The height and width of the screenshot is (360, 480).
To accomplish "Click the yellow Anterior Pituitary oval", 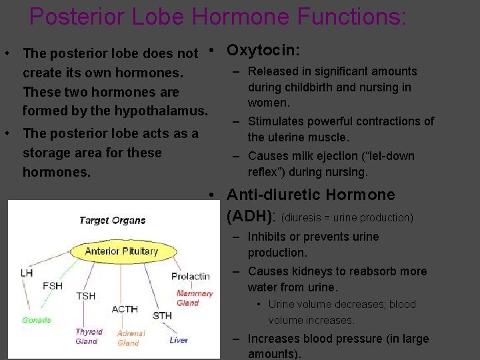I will pos(121,251).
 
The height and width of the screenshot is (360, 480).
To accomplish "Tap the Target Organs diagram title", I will pos(112,221).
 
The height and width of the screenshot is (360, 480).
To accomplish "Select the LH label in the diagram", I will pos(27,273).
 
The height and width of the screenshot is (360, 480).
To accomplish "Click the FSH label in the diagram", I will pos(53,285).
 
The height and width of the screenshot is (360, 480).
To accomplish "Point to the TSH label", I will pos(85,295).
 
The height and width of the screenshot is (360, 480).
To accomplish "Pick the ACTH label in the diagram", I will pos(125,309).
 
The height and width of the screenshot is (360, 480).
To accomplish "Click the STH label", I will pos(162,315).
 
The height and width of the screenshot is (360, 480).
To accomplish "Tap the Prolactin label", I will pos(190,276).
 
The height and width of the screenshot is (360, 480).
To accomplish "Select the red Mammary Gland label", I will pos(194,298).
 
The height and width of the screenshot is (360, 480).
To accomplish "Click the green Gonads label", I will pos(36,320).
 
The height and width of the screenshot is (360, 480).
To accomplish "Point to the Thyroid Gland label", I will pos(88,336).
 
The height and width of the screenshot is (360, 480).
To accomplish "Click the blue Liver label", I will pos(179,339).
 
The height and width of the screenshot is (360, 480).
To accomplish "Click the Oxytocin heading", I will pos(263,50).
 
